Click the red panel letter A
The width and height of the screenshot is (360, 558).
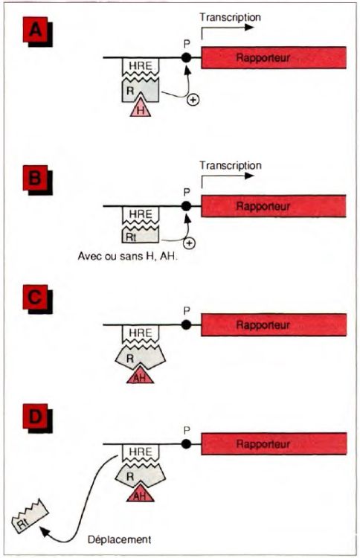pyautogui.click(x=35, y=30)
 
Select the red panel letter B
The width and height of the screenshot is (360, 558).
pyautogui.click(x=35, y=178)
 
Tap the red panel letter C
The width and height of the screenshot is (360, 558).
pyautogui.click(x=35, y=297)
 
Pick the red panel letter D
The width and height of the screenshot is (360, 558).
pyautogui.click(x=35, y=416)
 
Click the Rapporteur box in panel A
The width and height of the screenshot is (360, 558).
pyautogui.click(x=274, y=57)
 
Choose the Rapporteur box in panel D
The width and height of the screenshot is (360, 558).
pyautogui.click(x=274, y=443)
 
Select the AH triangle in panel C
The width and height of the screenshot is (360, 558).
pyautogui.click(x=140, y=376)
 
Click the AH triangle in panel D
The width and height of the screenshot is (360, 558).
pyautogui.click(x=140, y=495)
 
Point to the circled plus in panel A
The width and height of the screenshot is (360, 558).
pyautogui.click(x=193, y=100)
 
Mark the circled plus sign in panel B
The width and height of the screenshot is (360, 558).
pyautogui.click(x=190, y=243)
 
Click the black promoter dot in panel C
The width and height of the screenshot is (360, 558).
pyautogui.click(x=186, y=324)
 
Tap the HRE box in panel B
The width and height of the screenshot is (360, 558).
pyautogui.click(x=140, y=214)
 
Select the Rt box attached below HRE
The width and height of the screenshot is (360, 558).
pyautogui.click(x=140, y=236)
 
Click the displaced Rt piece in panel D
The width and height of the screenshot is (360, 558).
pyautogui.click(x=30, y=520)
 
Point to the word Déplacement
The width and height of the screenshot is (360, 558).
pyautogui.click(x=120, y=539)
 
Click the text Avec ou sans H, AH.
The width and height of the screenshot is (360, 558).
pyautogui.click(x=127, y=256)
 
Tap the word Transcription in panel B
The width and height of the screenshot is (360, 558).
pyautogui.click(x=230, y=165)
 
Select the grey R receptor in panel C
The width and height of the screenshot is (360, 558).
pyautogui.click(x=140, y=356)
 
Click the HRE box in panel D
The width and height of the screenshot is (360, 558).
pyautogui.click(x=140, y=452)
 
